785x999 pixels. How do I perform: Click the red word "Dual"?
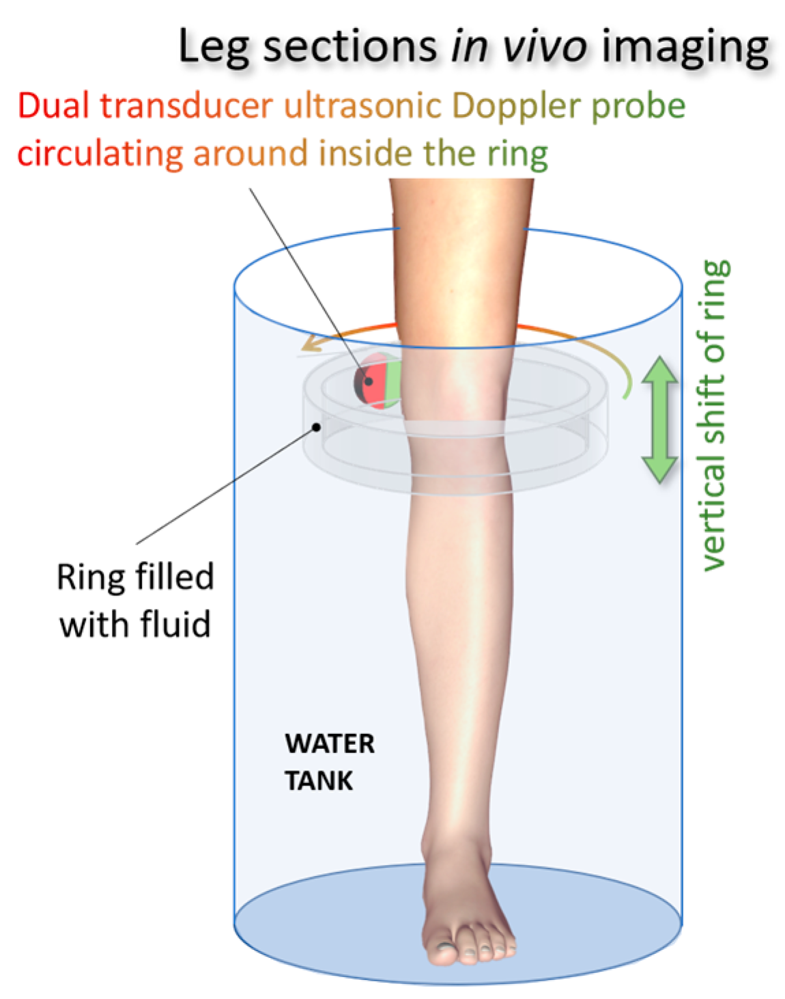[54, 106]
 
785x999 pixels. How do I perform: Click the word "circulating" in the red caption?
[100, 154]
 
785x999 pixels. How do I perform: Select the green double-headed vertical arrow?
[659, 419]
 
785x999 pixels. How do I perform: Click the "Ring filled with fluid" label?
[135, 600]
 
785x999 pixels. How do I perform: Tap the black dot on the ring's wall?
[317, 427]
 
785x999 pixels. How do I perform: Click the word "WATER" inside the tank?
[330, 743]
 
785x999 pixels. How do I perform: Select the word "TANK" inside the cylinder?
[319, 780]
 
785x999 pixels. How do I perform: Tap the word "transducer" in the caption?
[186, 106]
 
